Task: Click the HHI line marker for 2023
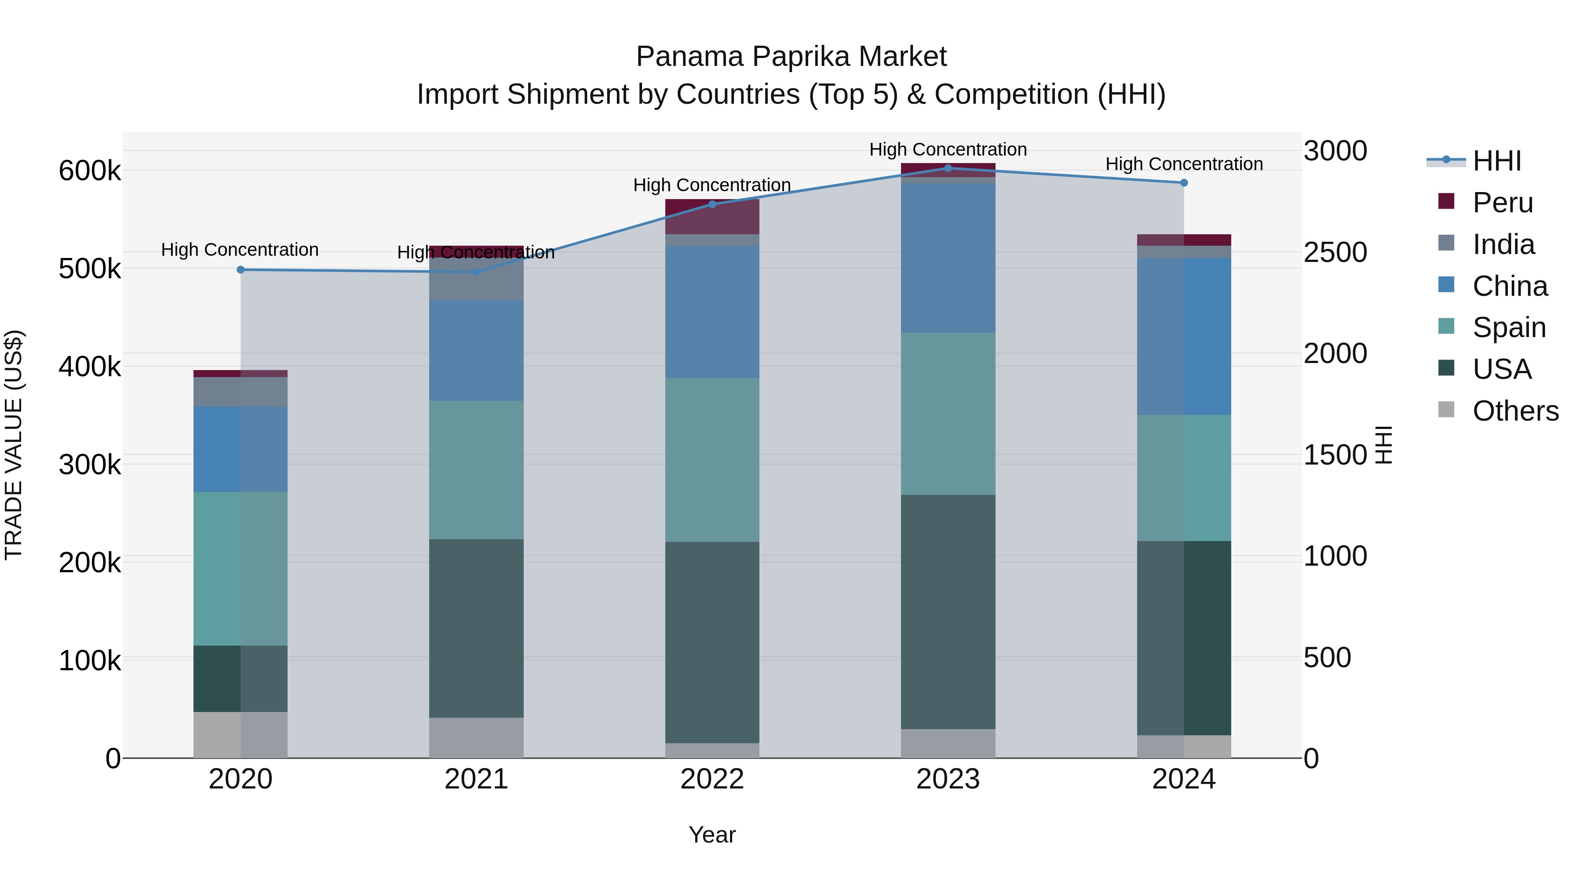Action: coord(948,168)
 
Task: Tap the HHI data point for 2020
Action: coord(240,270)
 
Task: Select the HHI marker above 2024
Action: coord(1184,182)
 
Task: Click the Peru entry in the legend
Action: coord(1503,203)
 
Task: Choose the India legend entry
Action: coord(1503,244)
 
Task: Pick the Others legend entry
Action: coord(1515,411)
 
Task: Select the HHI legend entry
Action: coord(1496,161)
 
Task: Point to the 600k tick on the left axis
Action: coord(90,171)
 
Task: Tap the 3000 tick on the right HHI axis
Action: coord(1335,151)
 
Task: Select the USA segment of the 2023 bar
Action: coord(948,612)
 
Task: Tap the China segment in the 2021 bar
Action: coord(476,350)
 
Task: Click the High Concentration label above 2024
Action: coord(1184,164)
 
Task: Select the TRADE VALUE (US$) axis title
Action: coord(14,445)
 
